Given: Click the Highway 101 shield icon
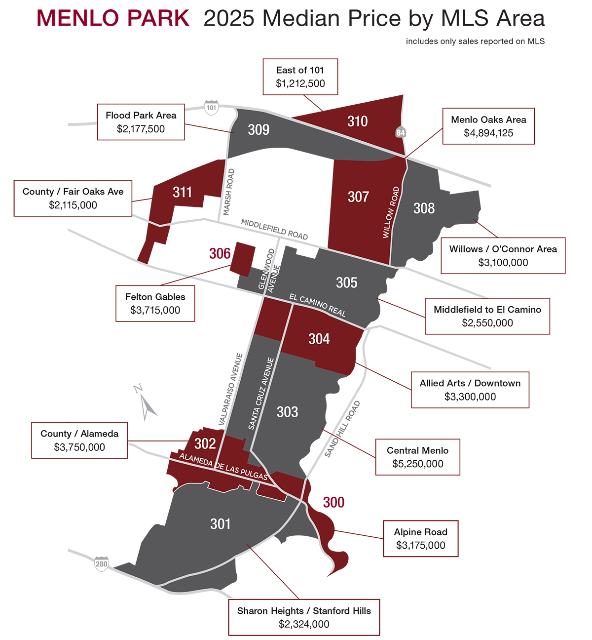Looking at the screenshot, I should pyautogui.click(x=211, y=107).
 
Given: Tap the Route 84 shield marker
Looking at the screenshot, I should pyautogui.click(x=401, y=132).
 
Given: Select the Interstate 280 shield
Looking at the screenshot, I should pyautogui.click(x=102, y=564).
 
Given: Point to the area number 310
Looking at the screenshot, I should pyautogui.click(x=357, y=121).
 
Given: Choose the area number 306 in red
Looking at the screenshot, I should pyautogui.click(x=220, y=253).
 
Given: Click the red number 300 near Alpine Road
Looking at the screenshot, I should pyautogui.click(x=333, y=502).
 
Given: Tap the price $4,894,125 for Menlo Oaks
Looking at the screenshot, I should pyautogui.click(x=488, y=133).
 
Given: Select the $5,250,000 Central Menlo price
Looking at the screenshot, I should pyautogui.click(x=417, y=464).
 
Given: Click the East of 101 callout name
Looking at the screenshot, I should pyautogui.click(x=300, y=70).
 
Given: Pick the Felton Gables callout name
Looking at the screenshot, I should pyautogui.click(x=155, y=297).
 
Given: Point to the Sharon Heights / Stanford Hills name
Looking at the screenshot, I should pyautogui.click(x=304, y=611).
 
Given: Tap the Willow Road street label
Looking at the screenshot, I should pyautogui.click(x=391, y=212).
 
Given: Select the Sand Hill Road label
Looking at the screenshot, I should pyautogui.click(x=342, y=429).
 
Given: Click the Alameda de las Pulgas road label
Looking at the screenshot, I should pyautogui.click(x=223, y=466).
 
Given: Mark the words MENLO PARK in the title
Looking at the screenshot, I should pyautogui.click(x=113, y=18).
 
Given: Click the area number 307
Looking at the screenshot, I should pyautogui.click(x=358, y=197).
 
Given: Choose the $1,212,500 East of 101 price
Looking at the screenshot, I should pyautogui.click(x=300, y=83).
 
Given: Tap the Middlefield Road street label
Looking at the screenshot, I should pyautogui.click(x=274, y=229).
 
